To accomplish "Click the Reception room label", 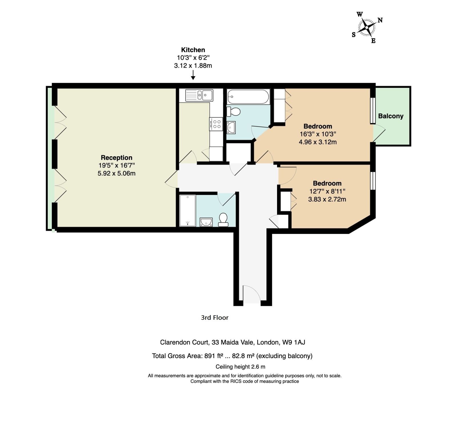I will (x=117, y=158).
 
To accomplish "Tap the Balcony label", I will (x=390, y=116).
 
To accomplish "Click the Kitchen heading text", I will (x=193, y=50).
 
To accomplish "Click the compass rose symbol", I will (x=366, y=27).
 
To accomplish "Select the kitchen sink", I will (x=199, y=95).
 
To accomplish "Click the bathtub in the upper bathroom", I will (x=248, y=97).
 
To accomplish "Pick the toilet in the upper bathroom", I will (x=234, y=112).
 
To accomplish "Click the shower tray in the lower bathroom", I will (x=187, y=210).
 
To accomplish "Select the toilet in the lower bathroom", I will (x=223, y=220).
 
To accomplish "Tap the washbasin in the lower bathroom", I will (x=206, y=222).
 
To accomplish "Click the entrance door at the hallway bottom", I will (x=251, y=294).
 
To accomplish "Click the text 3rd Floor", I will (x=215, y=318).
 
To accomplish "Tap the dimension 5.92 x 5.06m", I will (x=117, y=173).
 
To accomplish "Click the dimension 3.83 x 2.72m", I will (x=327, y=199).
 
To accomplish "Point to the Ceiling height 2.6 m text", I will (x=240, y=367).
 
